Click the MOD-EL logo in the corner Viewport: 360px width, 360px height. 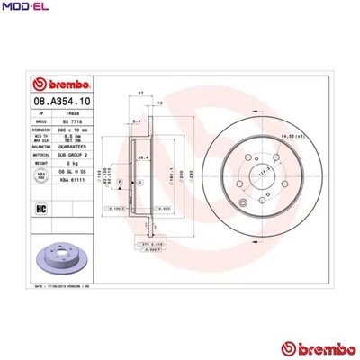coord(25,8)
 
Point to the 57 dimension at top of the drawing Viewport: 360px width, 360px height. coord(140,94)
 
